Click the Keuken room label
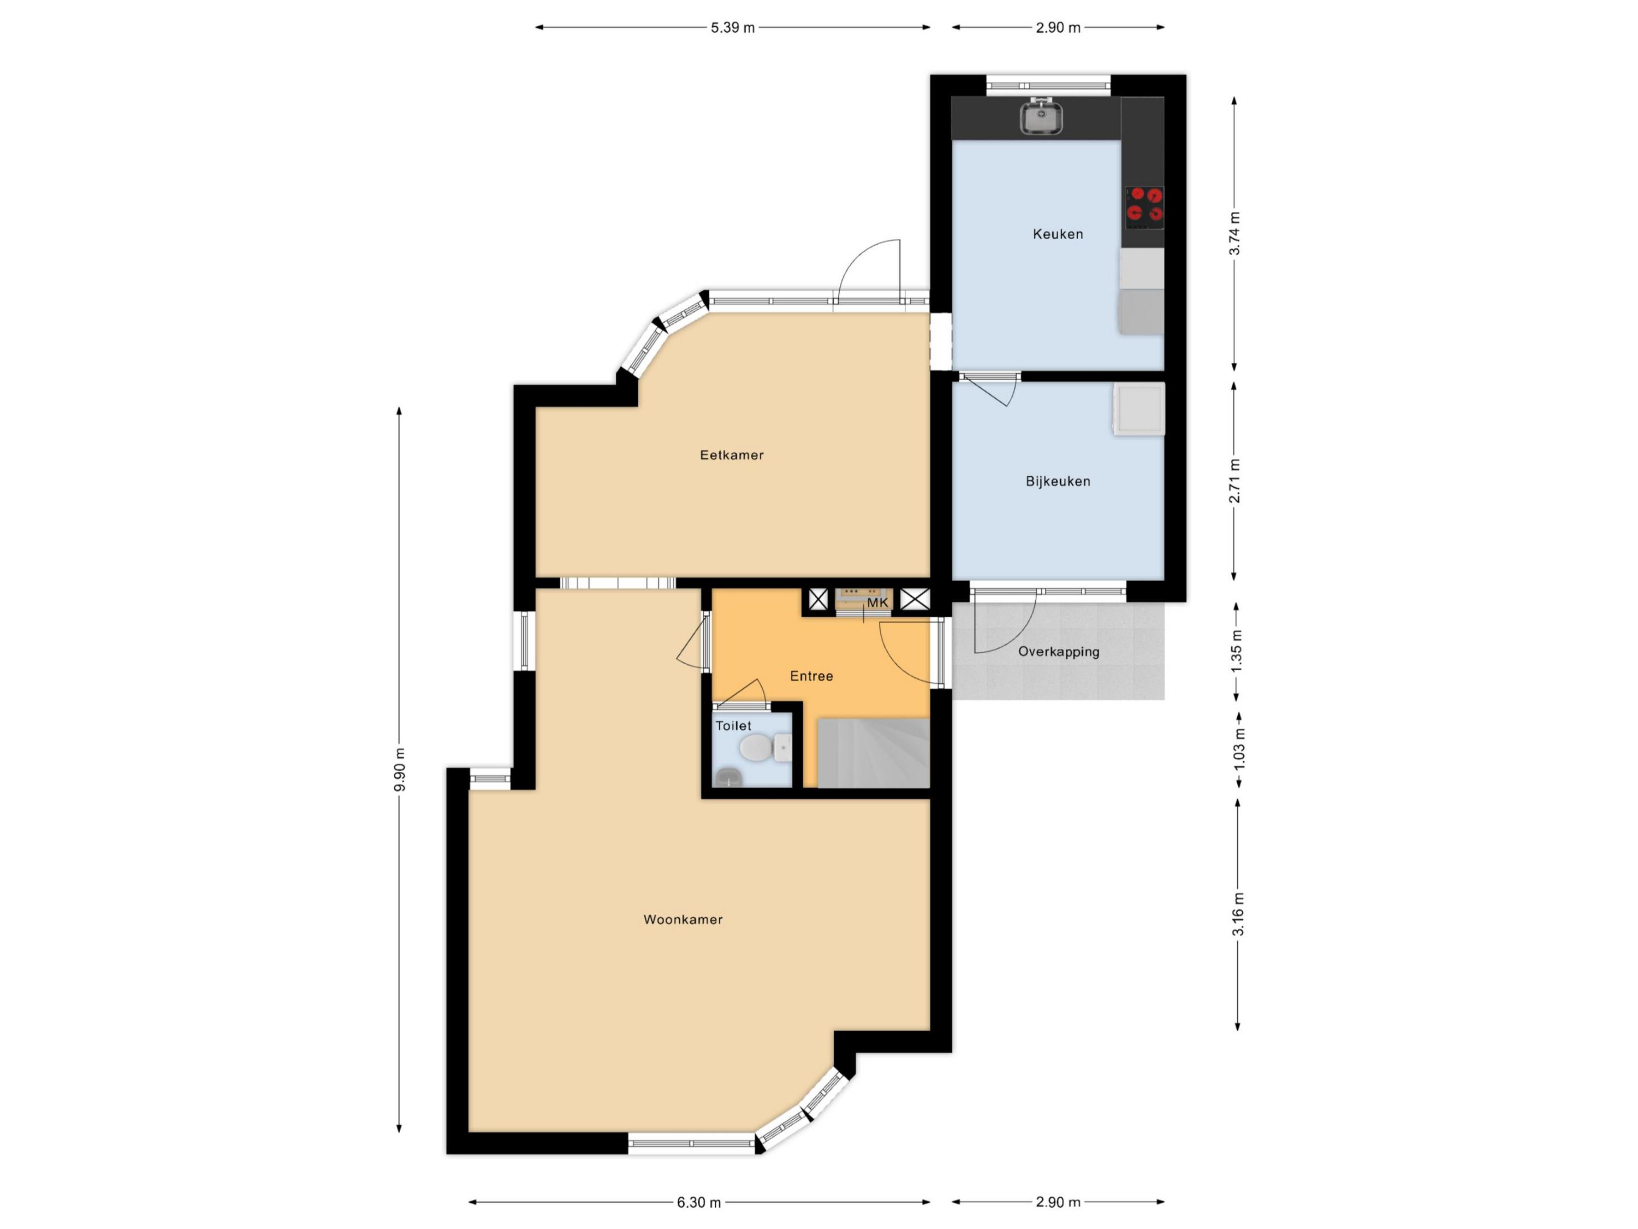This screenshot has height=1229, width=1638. (x=1058, y=234)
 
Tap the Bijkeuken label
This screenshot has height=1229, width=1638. (x=1058, y=482)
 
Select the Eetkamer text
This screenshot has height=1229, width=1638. (x=732, y=455)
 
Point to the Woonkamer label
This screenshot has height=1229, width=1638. (x=682, y=919)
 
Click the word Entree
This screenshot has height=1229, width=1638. (x=811, y=676)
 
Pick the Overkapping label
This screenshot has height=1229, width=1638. (x=1058, y=652)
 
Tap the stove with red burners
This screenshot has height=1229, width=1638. (x=1144, y=206)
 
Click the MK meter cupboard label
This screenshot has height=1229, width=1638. (x=877, y=603)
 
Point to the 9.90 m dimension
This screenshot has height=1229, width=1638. (x=400, y=770)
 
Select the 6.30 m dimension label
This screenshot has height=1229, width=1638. (x=698, y=1202)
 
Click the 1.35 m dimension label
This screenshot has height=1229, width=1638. (x=1237, y=651)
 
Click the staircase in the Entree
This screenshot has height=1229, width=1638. (x=873, y=753)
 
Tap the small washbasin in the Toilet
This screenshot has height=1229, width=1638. (x=728, y=777)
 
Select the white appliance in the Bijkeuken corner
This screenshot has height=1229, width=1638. (x=1138, y=408)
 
